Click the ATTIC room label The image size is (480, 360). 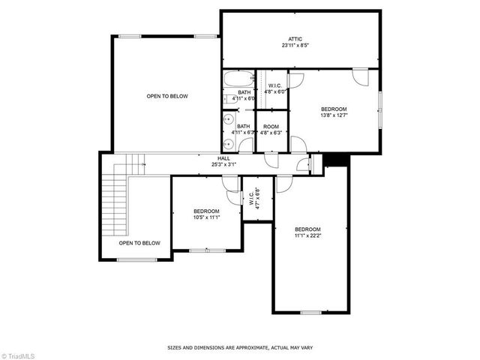click(295, 38)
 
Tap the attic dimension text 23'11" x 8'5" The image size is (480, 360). click(295, 45)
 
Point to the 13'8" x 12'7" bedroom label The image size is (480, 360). click(334, 112)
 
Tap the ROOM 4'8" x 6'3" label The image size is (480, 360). click(271, 129)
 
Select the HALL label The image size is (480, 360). click(223, 158)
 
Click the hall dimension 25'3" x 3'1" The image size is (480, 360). click(223, 164)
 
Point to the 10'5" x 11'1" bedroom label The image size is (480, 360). click(206, 214)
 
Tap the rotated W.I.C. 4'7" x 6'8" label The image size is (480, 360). click(254, 199)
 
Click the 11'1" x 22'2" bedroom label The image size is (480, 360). click(307, 232)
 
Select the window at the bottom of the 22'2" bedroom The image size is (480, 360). click(310, 312)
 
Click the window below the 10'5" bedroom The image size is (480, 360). click(199, 250)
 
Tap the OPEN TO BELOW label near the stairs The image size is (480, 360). click(139, 243)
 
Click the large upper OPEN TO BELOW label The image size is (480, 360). click(167, 96)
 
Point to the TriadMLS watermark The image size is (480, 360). click(22, 354)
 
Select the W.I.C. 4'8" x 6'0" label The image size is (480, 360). click(271, 88)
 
